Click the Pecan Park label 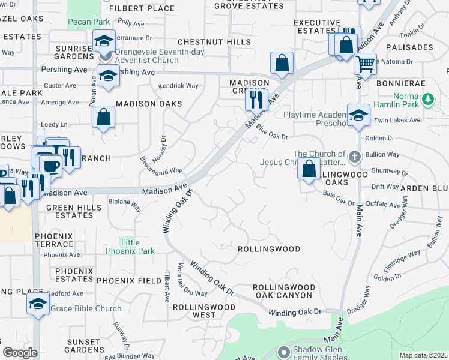(88, 22)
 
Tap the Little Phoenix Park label (130, 247)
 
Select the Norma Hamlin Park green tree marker (428, 98)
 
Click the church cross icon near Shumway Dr (355, 157)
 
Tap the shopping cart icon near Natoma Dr (364, 63)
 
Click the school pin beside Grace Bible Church (38, 304)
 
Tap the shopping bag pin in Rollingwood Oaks (309, 169)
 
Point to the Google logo (20, 353)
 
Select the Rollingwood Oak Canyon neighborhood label (283, 291)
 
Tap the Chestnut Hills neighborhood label (214, 42)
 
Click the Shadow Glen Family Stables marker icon (284, 351)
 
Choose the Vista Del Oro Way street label (180, 281)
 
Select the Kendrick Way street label (178, 86)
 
